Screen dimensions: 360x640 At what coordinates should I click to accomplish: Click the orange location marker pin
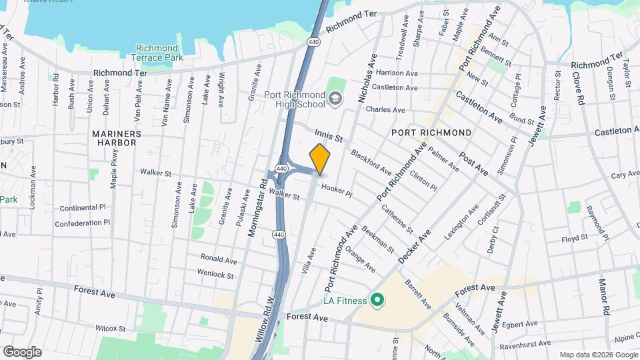pyautogui.click(x=320, y=159)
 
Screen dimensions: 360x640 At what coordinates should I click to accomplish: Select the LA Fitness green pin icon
pyautogui.click(x=377, y=301)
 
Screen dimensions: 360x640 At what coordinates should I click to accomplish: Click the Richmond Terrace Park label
pyautogui.click(x=157, y=53)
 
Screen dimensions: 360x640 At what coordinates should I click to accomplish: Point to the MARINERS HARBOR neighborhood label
pyautogui.click(x=117, y=139)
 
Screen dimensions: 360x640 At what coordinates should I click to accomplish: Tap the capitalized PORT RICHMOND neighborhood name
pyautogui.click(x=431, y=133)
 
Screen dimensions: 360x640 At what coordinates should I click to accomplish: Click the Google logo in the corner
pyautogui.click(x=22, y=352)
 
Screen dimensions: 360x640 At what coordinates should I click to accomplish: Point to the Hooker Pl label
pyautogui.click(x=336, y=190)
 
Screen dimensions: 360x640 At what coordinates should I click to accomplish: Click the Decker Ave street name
pyautogui.click(x=414, y=246)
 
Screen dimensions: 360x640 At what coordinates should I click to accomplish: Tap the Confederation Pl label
pyautogui.click(x=81, y=223)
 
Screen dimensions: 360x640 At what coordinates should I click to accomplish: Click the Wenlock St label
pyautogui.click(x=215, y=274)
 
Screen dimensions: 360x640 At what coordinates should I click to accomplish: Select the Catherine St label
pyautogui.click(x=397, y=218)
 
